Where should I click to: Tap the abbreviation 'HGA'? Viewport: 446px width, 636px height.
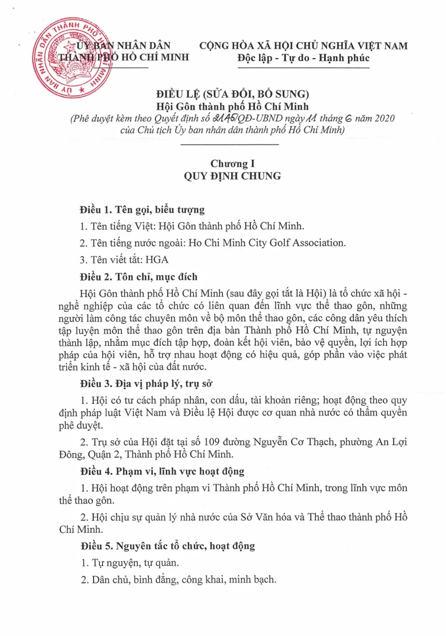click(158, 260)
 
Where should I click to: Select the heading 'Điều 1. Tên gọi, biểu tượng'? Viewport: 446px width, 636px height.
click(142, 209)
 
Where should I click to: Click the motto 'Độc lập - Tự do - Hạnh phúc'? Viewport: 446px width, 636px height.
click(303, 58)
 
